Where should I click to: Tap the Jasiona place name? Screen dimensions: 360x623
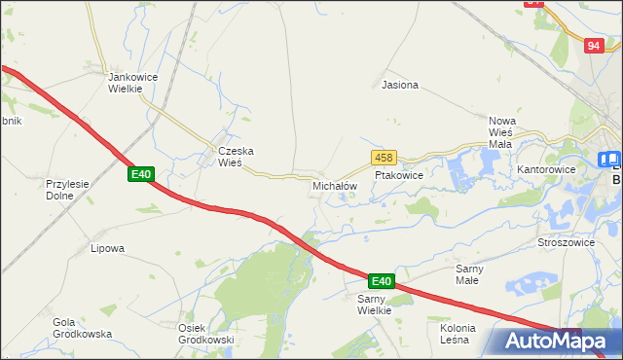point(400,85)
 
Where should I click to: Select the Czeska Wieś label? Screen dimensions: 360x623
point(236,157)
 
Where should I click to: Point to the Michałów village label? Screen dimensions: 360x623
point(335,185)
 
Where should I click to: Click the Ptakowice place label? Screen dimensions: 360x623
point(398,176)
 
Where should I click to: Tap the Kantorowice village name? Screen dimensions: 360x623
point(546,169)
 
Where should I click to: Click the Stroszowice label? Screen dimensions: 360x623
point(565,241)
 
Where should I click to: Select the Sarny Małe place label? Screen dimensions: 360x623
point(474,273)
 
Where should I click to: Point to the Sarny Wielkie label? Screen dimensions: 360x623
point(374,305)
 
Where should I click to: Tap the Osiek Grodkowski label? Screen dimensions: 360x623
point(206,334)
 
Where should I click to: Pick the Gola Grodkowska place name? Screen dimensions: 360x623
point(78,328)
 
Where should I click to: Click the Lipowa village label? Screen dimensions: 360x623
point(108,248)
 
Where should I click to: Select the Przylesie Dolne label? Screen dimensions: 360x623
point(68,188)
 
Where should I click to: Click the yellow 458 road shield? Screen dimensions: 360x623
point(383,157)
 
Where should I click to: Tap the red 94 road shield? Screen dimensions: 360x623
point(594,46)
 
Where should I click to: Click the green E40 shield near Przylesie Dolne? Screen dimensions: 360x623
point(141,174)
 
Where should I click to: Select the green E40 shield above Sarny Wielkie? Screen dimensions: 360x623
point(381,281)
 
